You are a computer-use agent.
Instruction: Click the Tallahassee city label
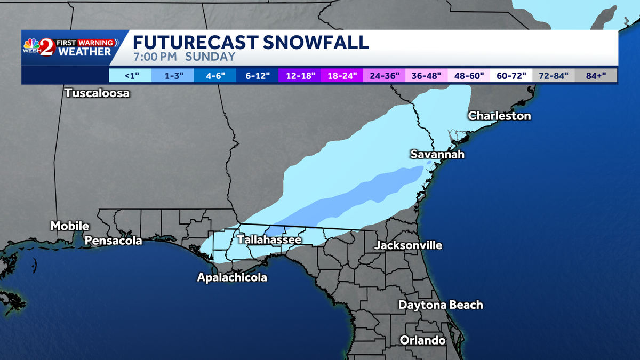click(x=269, y=240)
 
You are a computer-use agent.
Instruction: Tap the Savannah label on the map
click(x=437, y=154)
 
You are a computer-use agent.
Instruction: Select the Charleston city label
click(x=499, y=116)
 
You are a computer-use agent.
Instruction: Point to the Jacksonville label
click(x=408, y=245)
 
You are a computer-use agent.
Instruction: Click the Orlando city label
click(x=422, y=340)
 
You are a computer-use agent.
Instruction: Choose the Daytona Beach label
click(x=441, y=305)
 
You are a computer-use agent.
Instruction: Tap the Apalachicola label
click(x=232, y=277)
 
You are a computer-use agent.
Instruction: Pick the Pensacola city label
click(x=114, y=241)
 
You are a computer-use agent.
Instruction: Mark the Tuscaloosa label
click(x=97, y=93)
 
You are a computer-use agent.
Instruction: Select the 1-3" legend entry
click(x=172, y=75)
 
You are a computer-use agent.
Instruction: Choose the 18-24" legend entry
click(x=341, y=75)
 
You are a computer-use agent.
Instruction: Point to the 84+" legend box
click(x=596, y=75)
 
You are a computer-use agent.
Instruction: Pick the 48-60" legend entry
click(x=469, y=75)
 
